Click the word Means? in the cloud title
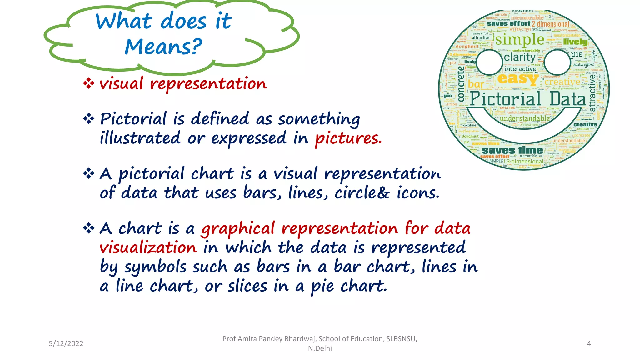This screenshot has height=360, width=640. tap(163, 47)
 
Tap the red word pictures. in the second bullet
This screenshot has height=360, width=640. tap(348, 138)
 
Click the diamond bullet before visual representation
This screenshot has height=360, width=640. tap(89, 83)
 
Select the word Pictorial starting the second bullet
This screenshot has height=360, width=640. tap(133, 119)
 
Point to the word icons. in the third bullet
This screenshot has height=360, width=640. tap(418, 193)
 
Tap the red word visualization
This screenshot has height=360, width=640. tap(148, 248)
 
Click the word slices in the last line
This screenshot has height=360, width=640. tap(247, 286)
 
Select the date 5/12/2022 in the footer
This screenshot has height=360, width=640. tap(66, 343)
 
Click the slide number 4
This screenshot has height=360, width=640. tap(589, 343)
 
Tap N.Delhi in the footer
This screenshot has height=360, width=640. tap(320, 348)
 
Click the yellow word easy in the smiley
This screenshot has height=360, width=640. tap(518, 79)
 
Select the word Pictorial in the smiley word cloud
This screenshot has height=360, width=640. tap(505, 99)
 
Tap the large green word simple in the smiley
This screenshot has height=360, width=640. tap(520, 40)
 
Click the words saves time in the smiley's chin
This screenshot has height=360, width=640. tap(512, 150)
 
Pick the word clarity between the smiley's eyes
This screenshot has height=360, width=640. tap(520, 57)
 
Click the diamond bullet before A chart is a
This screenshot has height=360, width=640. tap(89, 228)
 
